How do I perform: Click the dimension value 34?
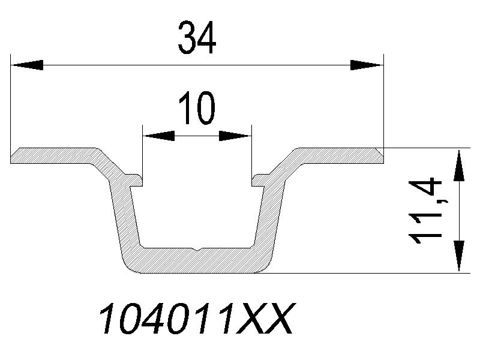click(196, 38)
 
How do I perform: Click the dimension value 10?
click(196, 109)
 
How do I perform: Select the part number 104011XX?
click(196, 319)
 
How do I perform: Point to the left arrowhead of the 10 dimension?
click(158, 136)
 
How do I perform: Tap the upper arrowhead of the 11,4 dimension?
click(458, 164)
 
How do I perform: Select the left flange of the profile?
click(54, 155)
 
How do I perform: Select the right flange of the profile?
click(339, 155)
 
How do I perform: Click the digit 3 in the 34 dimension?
click(185, 38)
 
